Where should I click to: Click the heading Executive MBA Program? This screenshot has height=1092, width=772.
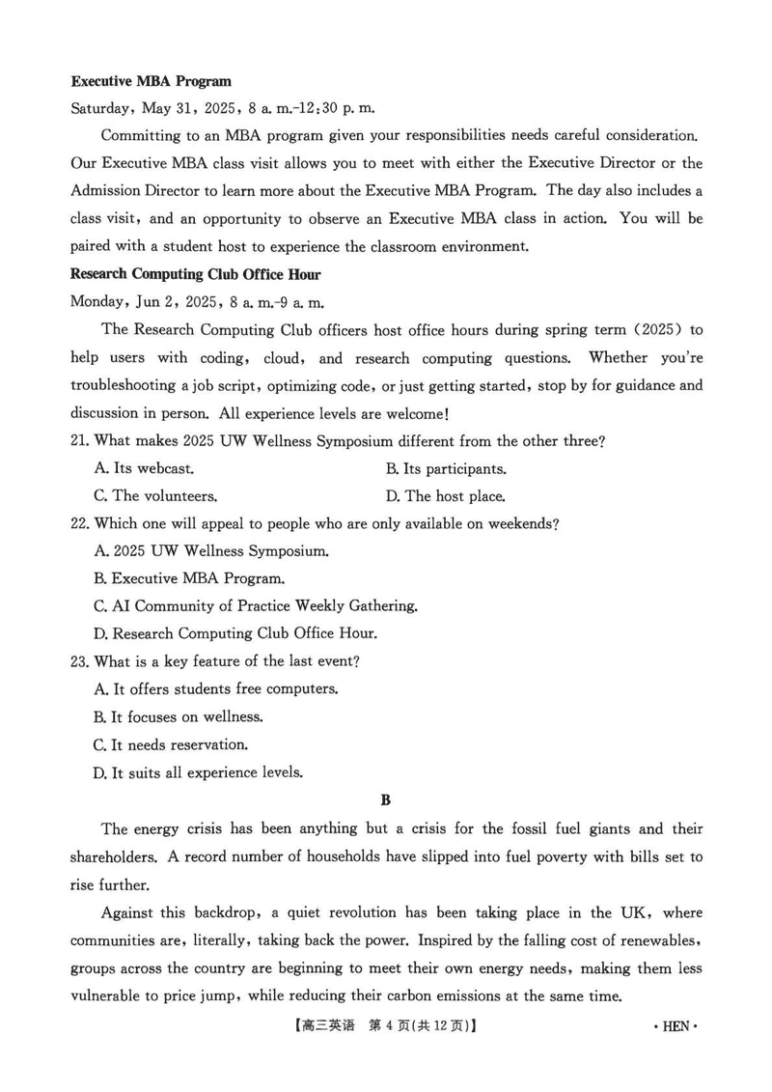pos(152,81)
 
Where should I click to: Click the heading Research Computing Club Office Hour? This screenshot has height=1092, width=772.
pos(196,274)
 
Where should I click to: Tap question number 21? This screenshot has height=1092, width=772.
pos(80,441)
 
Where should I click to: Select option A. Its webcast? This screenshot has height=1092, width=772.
pos(145,469)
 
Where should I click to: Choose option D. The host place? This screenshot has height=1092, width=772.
pos(445,496)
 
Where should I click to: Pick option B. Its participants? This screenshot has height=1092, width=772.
pos(445,469)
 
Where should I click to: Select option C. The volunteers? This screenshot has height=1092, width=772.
pos(155,496)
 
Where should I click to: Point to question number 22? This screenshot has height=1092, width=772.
pos(80,523)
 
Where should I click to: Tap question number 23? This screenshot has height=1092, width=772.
pos(80,661)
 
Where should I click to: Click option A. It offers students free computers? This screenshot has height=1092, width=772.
pos(216,689)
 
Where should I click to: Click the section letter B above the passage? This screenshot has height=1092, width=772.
pos(386,799)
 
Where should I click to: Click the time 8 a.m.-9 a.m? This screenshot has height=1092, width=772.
pos(275,301)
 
